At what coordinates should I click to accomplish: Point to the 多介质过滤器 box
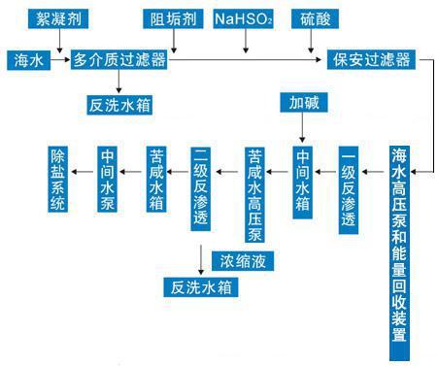119,60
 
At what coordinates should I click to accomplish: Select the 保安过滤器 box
374,60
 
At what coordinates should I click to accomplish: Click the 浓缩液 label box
243,259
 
